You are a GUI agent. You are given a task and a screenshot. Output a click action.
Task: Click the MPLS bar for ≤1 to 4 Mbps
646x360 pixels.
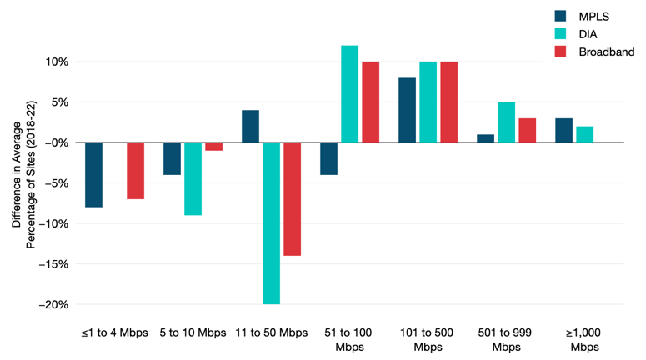pos(93,175)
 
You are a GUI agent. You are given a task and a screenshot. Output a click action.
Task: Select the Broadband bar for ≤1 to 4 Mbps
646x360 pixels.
pos(135,171)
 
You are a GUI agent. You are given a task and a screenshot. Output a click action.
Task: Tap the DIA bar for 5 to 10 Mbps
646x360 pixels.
pos(193,179)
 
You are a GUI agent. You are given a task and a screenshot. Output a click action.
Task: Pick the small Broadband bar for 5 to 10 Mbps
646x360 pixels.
pos(213,147)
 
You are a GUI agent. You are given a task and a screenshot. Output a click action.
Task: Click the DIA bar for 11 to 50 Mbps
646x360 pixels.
pos(271,223)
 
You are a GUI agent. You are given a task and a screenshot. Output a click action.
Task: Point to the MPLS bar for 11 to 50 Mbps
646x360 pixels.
pos(250,127)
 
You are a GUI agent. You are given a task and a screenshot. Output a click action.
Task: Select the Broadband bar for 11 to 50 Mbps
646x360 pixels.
pos(292,199)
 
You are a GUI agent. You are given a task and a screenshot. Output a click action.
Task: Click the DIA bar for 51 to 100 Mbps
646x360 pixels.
pos(349,94)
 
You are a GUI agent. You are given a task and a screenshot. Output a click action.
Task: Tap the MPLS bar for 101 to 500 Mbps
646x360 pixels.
pos(407,110)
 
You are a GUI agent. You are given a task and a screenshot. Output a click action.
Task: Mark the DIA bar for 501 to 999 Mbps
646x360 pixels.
pos(506,122)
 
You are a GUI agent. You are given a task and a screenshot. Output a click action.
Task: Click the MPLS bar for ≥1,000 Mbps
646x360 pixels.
pos(563,131)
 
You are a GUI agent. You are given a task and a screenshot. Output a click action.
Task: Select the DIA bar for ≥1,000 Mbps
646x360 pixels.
pos(584,135)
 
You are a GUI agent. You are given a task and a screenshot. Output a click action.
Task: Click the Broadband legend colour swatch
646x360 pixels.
pos(562,52)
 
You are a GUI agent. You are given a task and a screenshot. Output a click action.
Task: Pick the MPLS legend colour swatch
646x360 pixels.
pos(562,15)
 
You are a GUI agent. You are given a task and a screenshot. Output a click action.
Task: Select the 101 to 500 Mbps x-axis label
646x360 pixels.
pos(428,339)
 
